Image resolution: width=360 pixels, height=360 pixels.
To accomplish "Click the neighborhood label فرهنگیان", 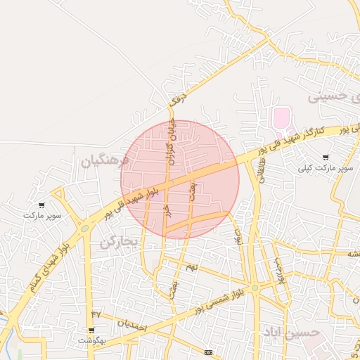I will coord(105,161).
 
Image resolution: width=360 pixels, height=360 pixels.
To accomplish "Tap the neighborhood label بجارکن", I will coord(120,243).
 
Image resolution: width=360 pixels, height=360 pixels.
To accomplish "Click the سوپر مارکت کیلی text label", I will coord(324,169).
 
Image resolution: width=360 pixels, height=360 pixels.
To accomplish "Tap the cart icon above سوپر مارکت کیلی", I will coord(325,157).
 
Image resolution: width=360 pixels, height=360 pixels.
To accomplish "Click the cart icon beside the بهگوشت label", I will coord(91,330).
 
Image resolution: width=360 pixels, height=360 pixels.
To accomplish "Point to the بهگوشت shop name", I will coord(91,340).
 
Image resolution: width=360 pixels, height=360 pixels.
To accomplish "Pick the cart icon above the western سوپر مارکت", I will coord(41,205).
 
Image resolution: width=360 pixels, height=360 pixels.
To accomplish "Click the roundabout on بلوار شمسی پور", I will coord(255,288).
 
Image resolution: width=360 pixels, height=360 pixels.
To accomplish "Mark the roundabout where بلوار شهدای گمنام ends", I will coord(84,227).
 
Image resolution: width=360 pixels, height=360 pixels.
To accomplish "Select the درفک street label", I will coord(180,96).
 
